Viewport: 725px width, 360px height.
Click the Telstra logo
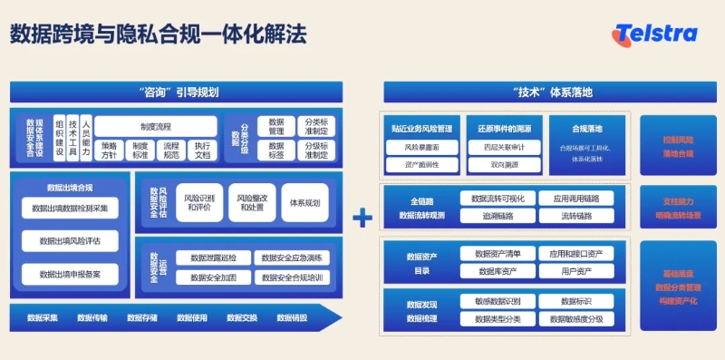coord(654,34)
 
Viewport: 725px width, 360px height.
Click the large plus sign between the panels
coord(362,218)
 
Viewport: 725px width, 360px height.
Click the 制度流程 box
coord(156,126)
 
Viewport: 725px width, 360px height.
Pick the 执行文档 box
coord(202,150)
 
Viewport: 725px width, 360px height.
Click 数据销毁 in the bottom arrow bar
coord(292,318)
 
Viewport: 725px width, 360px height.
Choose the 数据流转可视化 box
coord(497,198)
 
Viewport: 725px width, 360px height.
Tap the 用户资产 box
coord(575,270)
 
